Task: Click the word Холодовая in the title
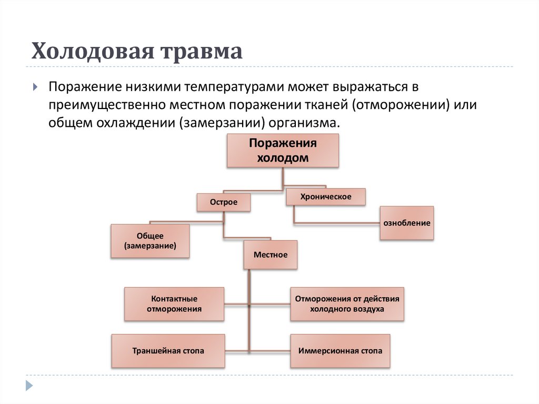[x=92, y=52]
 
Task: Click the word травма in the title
[x=202, y=52]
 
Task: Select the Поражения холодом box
[x=283, y=151]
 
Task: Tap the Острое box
[x=224, y=202]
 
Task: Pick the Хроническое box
[x=325, y=197]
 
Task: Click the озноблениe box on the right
[x=406, y=223]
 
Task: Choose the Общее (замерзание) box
[x=150, y=241]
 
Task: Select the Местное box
[x=271, y=254]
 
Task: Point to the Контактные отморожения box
[x=174, y=304]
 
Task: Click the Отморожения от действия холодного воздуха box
[x=347, y=304]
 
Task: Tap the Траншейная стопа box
[x=168, y=350]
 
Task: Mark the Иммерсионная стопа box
[x=340, y=350]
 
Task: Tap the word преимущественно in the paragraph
[x=107, y=104]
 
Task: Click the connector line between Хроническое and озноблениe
[x=337, y=223]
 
